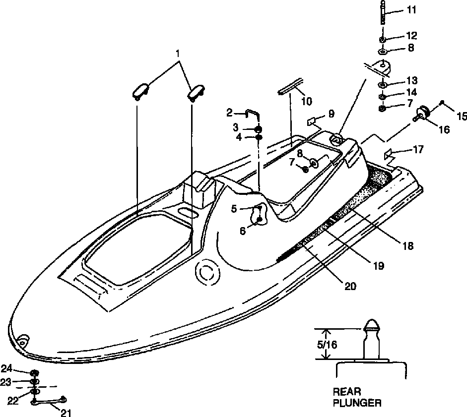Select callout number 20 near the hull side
[350, 286]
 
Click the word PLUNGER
[358, 403]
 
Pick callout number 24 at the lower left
[20, 368]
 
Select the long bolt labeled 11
[383, 13]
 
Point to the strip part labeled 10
[291, 85]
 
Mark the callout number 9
[331, 115]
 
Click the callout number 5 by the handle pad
[234, 209]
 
